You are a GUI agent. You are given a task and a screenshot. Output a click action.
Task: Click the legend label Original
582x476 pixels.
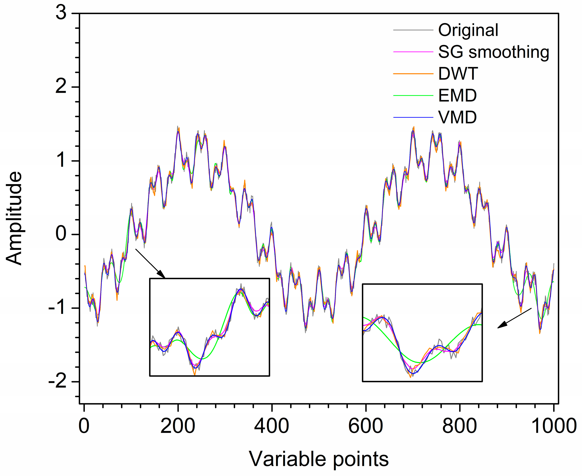[468, 30]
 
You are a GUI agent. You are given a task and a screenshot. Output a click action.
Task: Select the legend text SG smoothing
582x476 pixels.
[493, 52]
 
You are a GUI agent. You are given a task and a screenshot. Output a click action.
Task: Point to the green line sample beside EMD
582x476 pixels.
[413, 95]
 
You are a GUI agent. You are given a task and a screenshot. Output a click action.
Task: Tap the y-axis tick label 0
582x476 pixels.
[61, 234]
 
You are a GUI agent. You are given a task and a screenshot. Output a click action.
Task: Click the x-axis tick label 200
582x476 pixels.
[178, 426]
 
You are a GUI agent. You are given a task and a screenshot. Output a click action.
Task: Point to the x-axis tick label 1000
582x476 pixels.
[553, 426]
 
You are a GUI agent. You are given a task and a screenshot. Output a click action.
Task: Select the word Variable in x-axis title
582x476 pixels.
[288, 459]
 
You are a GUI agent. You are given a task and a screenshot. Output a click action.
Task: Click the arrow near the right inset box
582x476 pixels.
[514, 318]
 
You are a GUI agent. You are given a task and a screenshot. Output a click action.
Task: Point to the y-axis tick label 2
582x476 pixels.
[61, 87]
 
